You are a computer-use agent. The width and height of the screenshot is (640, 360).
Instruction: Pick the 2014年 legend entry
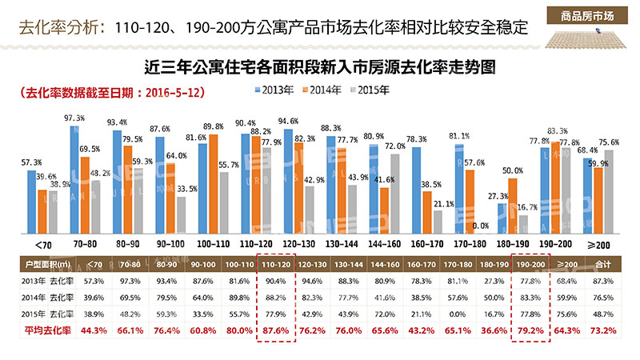tap(325, 90)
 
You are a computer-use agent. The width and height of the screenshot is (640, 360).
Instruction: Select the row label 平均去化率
tap(49, 329)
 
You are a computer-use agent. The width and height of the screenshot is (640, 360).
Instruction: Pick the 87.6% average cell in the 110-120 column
tap(276, 329)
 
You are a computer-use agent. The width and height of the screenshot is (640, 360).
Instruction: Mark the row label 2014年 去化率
tap(49, 296)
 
